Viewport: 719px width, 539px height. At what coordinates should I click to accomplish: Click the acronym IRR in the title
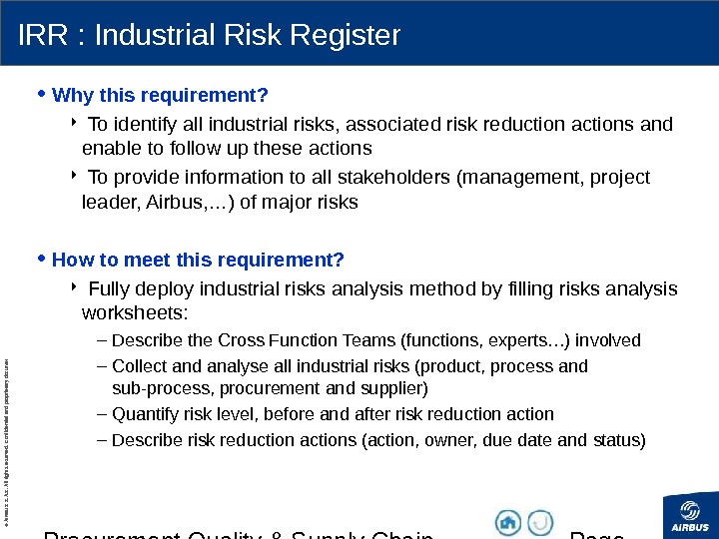(40, 36)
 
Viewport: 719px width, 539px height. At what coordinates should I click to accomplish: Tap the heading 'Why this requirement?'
(160, 96)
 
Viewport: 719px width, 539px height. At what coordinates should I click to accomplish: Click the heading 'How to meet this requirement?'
(198, 261)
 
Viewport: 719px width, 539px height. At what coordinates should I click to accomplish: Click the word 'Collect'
(139, 366)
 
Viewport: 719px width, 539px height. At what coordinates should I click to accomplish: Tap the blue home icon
(509, 522)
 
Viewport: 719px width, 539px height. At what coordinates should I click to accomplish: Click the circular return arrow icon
(540, 522)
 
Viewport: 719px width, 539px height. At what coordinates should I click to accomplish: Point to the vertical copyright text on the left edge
(7, 429)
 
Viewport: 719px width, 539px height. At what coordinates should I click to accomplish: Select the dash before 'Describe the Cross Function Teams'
(104, 340)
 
